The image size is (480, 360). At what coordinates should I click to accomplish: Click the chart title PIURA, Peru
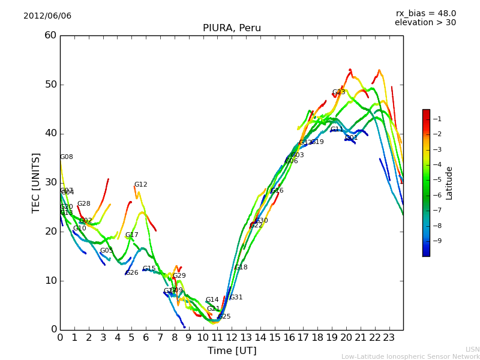[x=232, y=28]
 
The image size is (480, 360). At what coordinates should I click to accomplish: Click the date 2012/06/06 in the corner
[x=47, y=16]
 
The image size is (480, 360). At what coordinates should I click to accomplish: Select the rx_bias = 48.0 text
[x=425, y=13]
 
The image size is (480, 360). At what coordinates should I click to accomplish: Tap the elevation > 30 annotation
[x=425, y=23]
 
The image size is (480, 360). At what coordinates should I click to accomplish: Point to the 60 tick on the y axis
[x=50, y=35]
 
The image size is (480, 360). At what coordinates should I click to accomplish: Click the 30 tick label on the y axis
[x=50, y=182]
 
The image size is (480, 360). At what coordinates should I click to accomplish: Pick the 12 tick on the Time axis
[x=232, y=337]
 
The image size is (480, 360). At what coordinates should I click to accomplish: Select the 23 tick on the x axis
[x=389, y=337]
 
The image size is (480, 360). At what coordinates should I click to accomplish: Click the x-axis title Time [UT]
[x=232, y=350]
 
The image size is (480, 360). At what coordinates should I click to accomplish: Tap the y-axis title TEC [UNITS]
[x=36, y=182]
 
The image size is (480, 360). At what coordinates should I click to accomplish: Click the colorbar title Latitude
[x=449, y=183]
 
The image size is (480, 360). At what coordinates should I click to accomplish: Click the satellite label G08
[x=66, y=157]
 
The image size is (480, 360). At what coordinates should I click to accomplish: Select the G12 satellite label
[x=140, y=185]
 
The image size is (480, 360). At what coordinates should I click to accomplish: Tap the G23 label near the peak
[x=338, y=92]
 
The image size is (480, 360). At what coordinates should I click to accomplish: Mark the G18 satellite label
[x=241, y=268]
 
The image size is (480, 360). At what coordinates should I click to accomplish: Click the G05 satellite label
[x=106, y=251]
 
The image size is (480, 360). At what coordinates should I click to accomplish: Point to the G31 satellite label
[x=236, y=298]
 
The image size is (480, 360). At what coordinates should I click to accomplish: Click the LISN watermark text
[x=472, y=349]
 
